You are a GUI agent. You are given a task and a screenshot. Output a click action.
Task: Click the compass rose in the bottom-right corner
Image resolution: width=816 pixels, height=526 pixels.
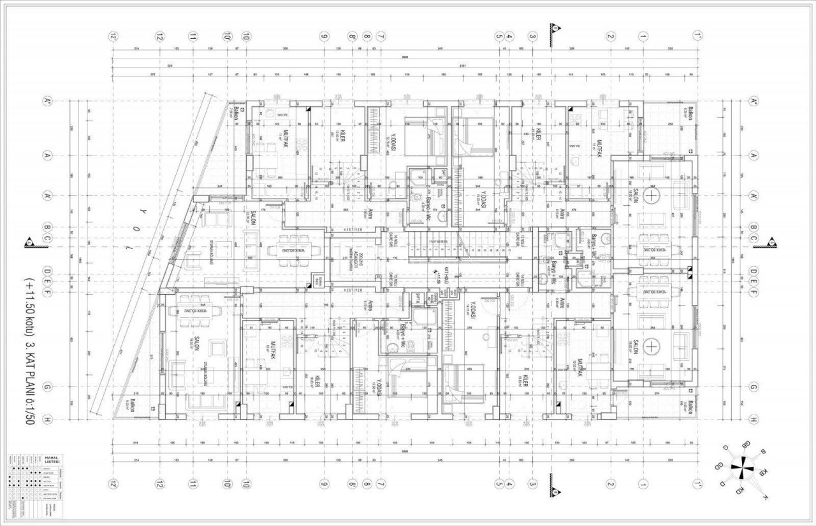tap(743, 470)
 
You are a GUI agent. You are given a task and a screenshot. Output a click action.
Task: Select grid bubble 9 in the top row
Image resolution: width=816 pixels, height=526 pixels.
tap(324, 36)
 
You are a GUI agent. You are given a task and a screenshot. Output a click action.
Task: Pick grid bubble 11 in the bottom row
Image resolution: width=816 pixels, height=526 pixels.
tap(193, 485)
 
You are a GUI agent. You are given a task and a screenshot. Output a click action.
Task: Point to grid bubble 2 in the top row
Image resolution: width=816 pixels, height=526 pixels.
tap(610, 36)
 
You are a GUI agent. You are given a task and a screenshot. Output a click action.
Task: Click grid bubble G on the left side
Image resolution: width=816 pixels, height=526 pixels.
tap(47, 387)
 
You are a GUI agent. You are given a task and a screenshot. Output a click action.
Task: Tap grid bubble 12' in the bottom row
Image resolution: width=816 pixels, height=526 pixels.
tap(113, 485)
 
